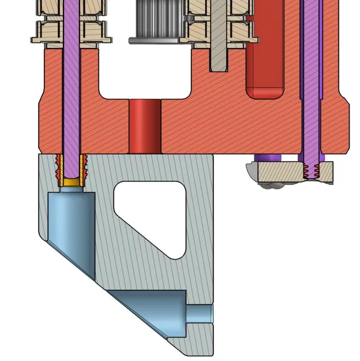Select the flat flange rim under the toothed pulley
[156, 39]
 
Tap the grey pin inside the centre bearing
[219, 35]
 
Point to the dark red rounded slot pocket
[265, 69]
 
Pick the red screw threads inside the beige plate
[312, 172]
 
